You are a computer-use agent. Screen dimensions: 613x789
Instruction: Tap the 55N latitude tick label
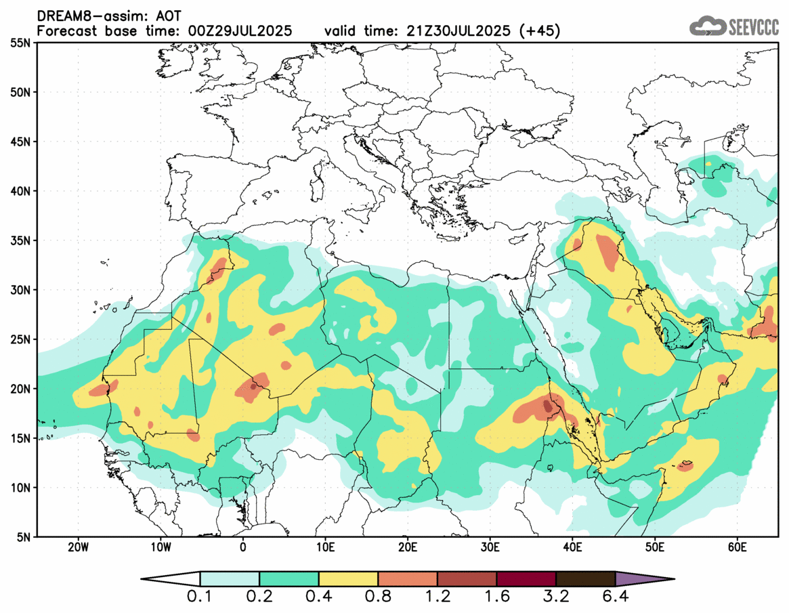(x=21, y=43)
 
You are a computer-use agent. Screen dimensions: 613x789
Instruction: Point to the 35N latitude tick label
(x=21, y=240)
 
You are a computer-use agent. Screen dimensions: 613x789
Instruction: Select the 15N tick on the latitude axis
(x=21, y=438)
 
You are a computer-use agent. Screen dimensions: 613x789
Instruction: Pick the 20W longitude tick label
(x=79, y=547)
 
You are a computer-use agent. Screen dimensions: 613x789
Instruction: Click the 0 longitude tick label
(x=243, y=547)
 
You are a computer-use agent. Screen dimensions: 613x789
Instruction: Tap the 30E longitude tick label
(x=490, y=547)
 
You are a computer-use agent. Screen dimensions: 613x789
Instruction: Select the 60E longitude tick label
(x=738, y=547)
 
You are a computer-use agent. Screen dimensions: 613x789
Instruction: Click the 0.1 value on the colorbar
(x=200, y=598)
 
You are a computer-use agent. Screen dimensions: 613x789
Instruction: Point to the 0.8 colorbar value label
(x=378, y=598)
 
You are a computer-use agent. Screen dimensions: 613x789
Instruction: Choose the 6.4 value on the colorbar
(x=615, y=598)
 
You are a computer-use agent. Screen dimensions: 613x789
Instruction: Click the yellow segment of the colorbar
(x=348, y=579)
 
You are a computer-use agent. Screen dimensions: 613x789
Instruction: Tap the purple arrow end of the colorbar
(x=643, y=579)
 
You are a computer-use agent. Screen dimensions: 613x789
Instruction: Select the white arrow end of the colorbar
(x=171, y=579)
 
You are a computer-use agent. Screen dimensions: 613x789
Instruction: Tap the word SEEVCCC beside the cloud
(x=753, y=27)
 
